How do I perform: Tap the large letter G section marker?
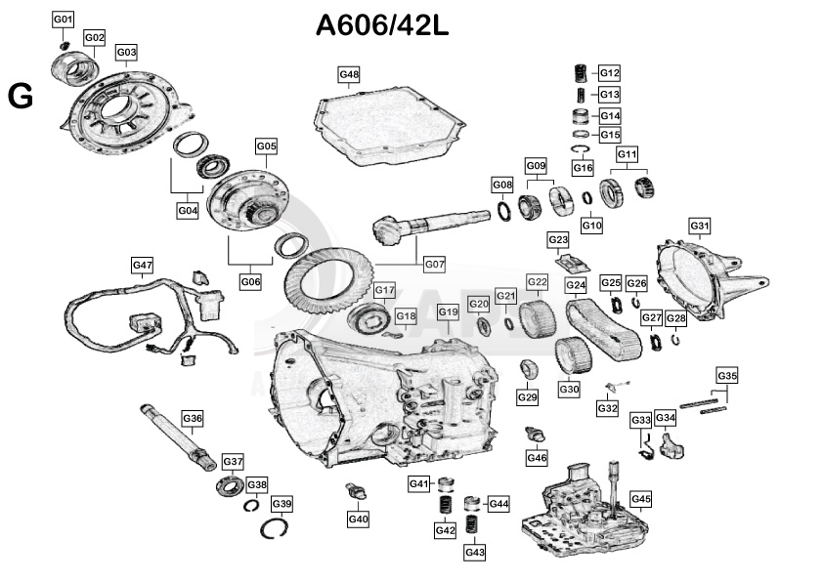[x=21, y=96]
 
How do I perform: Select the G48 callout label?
[x=349, y=74]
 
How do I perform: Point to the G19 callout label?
[x=448, y=311]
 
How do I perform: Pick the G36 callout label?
[x=193, y=418]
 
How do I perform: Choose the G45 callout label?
[x=640, y=499]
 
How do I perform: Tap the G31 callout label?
[x=700, y=227]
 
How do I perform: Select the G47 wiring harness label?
[x=143, y=265]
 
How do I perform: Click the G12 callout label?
[x=610, y=73]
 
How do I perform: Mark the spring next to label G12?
[x=579, y=73]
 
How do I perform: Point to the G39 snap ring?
[x=282, y=528]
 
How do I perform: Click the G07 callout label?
[x=434, y=264]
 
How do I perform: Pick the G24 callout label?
[x=576, y=284]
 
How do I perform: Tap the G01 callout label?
[x=63, y=20]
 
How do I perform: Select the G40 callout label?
[x=358, y=519]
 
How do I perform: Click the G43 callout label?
[x=475, y=552]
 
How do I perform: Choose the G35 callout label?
[x=727, y=375]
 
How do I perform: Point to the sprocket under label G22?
[x=535, y=317]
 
